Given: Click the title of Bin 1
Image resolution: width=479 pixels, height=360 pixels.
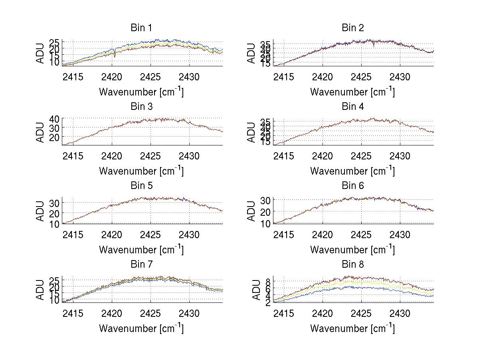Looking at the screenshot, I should pyautogui.click(x=141, y=28).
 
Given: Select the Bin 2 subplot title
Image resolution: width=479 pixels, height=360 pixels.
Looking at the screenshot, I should pyautogui.click(x=353, y=28).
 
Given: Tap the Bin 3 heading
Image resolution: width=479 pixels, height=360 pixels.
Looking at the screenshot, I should pyautogui.click(x=141, y=107).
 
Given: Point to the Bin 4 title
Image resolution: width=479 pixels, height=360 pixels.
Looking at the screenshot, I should pyautogui.click(x=353, y=107).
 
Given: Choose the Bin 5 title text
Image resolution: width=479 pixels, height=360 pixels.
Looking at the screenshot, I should pyautogui.click(x=141, y=186).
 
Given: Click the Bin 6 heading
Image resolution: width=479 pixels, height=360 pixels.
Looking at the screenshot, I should pyautogui.click(x=353, y=186).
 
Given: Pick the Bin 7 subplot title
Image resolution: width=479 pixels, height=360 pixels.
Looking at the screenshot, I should pyautogui.click(x=141, y=265).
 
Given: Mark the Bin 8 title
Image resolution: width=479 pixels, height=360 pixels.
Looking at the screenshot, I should pyautogui.click(x=353, y=265).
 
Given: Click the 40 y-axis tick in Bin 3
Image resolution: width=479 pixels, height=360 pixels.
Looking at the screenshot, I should pyautogui.click(x=54, y=119).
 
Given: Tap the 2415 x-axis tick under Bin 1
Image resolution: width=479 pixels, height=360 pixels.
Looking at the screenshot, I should pyautogui.click(x=73, y=77).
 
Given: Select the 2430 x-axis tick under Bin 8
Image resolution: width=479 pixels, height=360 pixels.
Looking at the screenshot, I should pyautogui.click(x=400, y=314).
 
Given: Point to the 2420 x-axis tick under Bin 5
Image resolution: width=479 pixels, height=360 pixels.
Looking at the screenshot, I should pyautogui.click(x=112, y=235).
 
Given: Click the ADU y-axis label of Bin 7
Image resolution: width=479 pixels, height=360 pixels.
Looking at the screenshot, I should pyautogui.click(x=41, y=290).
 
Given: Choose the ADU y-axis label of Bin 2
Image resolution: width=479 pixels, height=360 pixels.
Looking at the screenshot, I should pyautogui.click(x=251, y=53).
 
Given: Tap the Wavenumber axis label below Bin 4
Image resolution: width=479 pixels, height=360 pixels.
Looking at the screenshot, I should pyautogui.click(x=353, y=171).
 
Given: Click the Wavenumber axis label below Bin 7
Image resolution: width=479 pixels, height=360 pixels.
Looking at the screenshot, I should pyautogui.click(x=141, y=328).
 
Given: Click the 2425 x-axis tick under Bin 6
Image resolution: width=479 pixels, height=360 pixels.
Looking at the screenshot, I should pyautogui.click(x=362, y=235).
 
